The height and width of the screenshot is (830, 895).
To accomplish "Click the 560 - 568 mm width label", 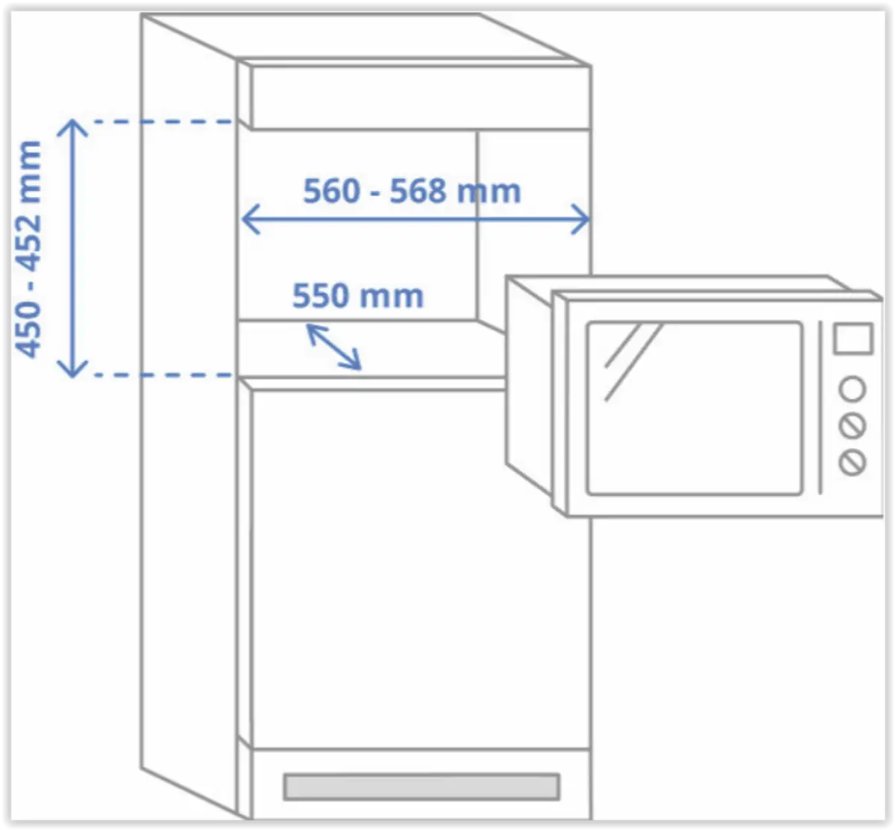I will [412, 192].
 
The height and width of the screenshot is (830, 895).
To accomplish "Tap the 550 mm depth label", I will [357, 296].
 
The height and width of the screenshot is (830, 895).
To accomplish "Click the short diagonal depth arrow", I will [334, 348].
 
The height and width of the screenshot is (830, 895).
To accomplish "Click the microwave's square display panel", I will [852, 339].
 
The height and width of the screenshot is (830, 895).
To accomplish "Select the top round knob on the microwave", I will [852, 389].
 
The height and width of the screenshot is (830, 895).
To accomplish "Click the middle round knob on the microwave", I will [852, 426].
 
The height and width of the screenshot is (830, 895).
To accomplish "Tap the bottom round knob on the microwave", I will [852, 462].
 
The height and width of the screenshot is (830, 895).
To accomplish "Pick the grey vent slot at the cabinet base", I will [421, 787].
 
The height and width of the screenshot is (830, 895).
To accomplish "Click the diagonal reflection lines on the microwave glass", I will [630, 358].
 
